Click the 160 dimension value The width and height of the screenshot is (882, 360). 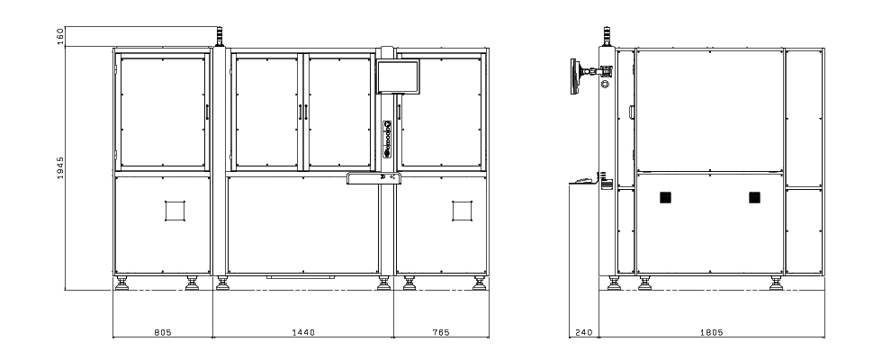60,37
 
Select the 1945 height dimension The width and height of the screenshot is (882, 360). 60,168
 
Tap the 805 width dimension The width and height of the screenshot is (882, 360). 163,332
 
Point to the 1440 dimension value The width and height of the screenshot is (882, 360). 303,332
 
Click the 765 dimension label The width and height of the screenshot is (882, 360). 441,332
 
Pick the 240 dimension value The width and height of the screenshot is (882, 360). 584,332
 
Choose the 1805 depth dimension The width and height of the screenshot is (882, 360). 712,332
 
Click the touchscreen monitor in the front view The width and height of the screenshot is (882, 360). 398,76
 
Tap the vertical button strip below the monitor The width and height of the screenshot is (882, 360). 387,139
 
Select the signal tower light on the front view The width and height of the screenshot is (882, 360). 220,37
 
